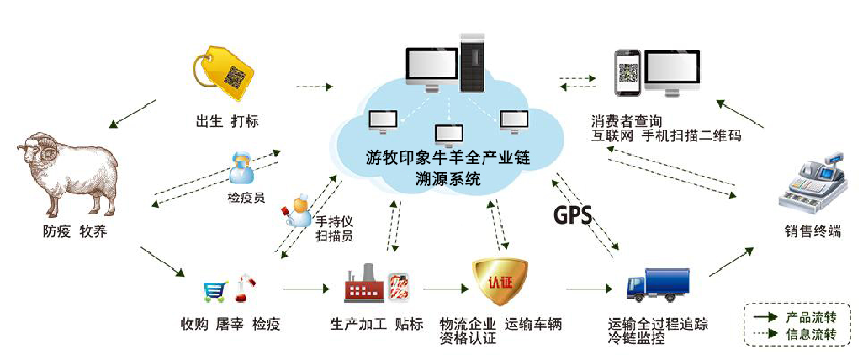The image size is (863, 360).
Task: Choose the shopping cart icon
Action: [x=214, y=292]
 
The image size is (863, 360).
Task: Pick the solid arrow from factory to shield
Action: [x=445, y=289]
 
